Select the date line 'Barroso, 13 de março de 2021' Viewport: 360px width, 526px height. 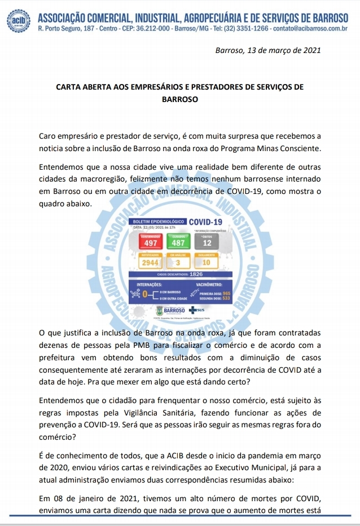(268, 50)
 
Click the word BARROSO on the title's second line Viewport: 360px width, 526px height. (180, 98)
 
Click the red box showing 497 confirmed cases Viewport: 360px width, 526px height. (151, 242)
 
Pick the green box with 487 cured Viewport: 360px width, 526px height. (178, 242)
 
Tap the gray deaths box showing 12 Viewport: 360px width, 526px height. (207, 242)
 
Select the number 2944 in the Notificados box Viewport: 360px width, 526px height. (150, 263)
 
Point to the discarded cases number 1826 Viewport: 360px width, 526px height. (197, 274)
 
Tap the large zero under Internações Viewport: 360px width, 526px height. (145, 294)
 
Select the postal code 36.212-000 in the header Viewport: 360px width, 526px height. (149, 28)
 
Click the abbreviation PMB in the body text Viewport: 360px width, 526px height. (142, 345)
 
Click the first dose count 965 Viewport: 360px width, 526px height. (227, 294)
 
